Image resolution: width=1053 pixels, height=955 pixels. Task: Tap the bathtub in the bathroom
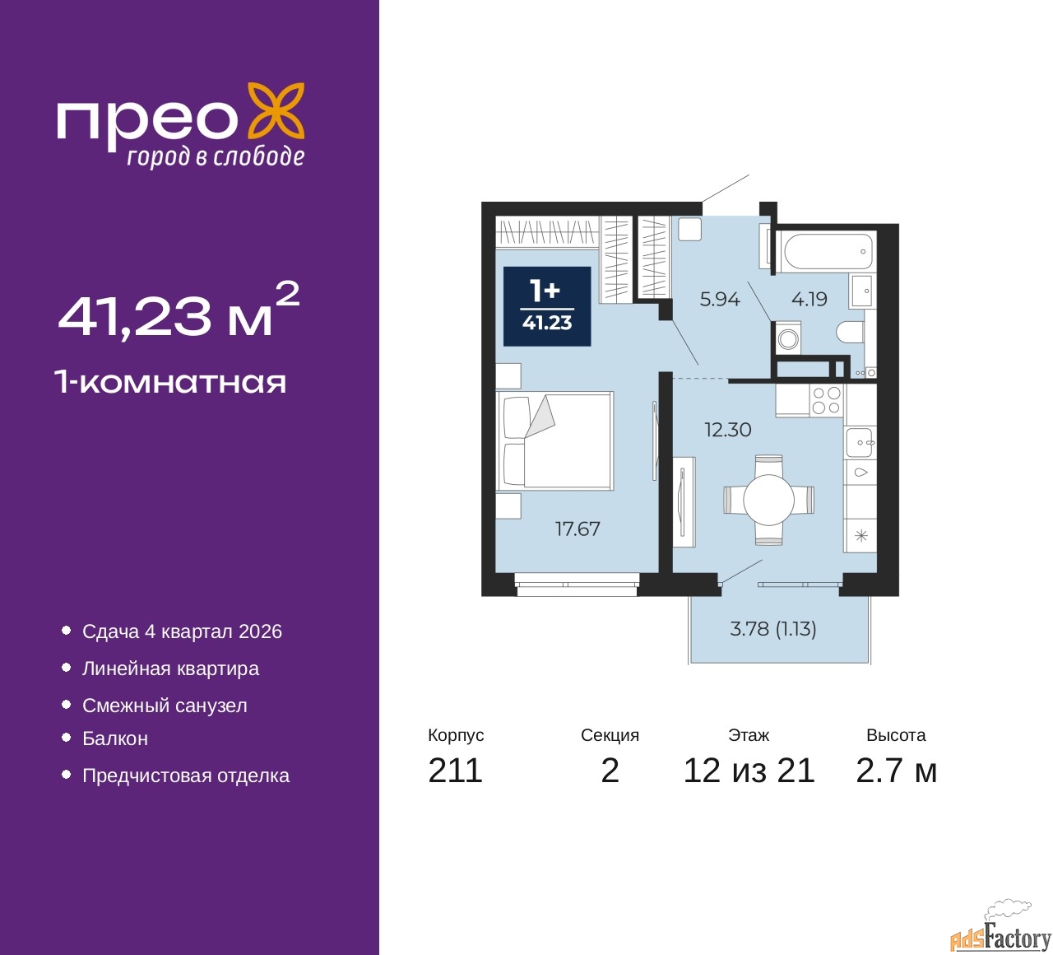(x=827, y=251)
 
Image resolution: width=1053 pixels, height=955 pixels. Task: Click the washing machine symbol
(x=788, y=339)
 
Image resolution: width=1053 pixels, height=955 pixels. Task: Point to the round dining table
(x=768, y=500)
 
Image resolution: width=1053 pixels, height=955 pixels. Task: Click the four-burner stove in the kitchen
(x=826, y=400)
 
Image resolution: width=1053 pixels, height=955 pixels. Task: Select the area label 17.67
(x=578, y=529)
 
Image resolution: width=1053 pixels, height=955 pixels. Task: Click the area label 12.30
(x=727, y=430)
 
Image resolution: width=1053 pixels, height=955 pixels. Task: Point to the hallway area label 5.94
(x=720, y=300)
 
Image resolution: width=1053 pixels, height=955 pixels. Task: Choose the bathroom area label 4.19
(x=809, y=300)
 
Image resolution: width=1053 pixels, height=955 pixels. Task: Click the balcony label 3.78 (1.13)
(x=773, y=629)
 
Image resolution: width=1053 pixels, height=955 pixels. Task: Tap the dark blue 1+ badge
(x=547, y=306)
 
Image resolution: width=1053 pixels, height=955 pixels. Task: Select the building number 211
(x=455, y=771)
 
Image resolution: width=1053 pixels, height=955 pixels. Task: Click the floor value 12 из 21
(x=749, y=771)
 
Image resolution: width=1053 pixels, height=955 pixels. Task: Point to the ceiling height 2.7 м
(x=896, y=771)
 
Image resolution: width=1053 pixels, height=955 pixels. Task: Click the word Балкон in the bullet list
(x=115, y=738)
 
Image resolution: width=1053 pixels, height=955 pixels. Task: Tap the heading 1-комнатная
(x=170, y=382)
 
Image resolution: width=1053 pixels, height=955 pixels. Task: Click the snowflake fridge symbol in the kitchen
(x=860, y=536)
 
